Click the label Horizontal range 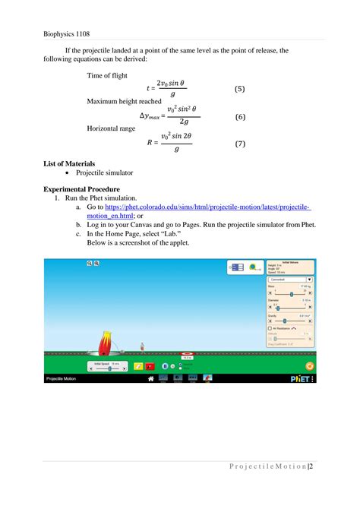[111, 128]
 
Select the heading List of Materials [68, 163]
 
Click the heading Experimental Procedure [81, 188]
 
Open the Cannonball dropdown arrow [309, 280]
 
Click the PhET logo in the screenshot [298, 378]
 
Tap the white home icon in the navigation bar [151, 378]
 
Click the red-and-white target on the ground [186, 354]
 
